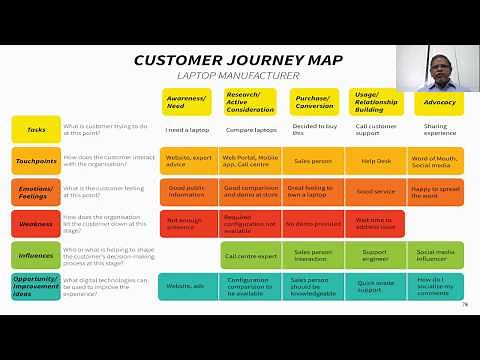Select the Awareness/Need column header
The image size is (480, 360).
pyautogui.click(x=188, y=102)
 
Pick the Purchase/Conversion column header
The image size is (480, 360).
pyautogui.click(x=314, y=102)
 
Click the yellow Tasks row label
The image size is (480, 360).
pyautogui.click(x=35, y=129)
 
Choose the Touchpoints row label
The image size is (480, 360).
pyautogui.click(x=35, y=160)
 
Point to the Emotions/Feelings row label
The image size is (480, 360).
pyautogui.click(x=35, y=191)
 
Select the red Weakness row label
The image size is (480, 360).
pyautogui.click(x=35, y=222)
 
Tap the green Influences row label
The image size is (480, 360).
pyautogui.click(x=35, y=254)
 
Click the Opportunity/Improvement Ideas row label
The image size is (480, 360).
pyautogui.click(x=35, y=286)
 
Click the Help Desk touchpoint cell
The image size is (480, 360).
pyautogui.click(x=376, y=160)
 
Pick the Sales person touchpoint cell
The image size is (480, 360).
pyautogui.click(x=314, y=160)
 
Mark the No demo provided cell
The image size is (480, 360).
pyautogui.click(x=314, y=223)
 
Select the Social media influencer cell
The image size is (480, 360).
pyautogui.click(x=438, y=255)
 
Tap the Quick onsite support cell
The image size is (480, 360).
pyautogui.click(x=376, y=286)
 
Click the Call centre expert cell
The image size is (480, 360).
pyautogui.click(x=251, y=255)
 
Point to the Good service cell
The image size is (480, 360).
pyautogui.click(x=376, y=191)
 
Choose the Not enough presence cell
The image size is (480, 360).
pyautogui.click(x=188, y=223)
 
